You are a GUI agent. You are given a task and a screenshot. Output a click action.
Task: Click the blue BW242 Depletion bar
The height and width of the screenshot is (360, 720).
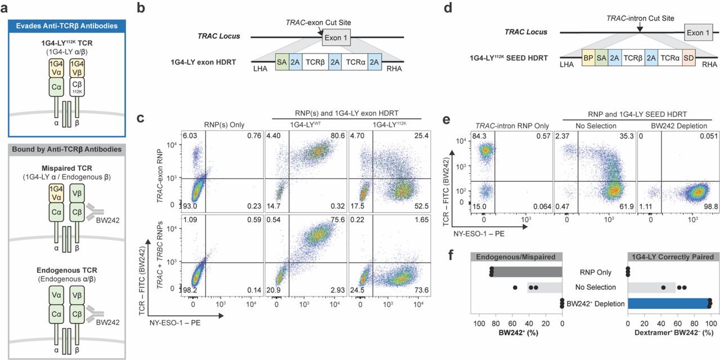[668, 304]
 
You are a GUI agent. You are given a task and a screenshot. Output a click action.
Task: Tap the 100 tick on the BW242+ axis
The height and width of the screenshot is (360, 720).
[479, 325]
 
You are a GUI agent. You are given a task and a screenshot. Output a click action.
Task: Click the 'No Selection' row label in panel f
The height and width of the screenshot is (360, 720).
[595, 288]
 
